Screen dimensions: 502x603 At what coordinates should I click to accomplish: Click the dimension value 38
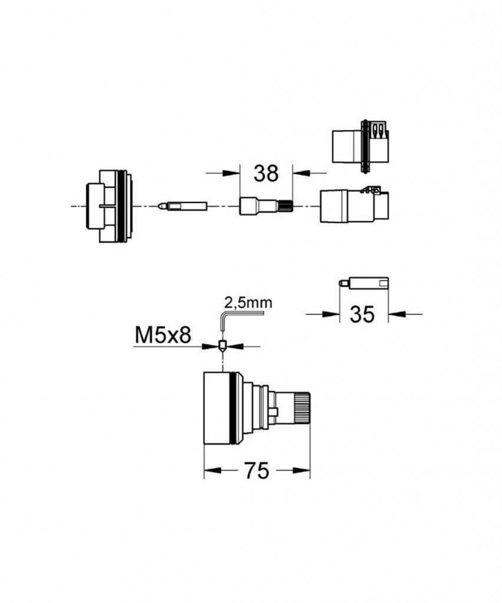click(266, 174)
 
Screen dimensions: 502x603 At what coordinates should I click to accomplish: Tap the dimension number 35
click(362, 314)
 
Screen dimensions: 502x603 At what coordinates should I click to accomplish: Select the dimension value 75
click(256, 471)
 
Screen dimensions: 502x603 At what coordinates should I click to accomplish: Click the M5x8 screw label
click(163, 335)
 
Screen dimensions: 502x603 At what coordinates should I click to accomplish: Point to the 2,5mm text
click(248, 303)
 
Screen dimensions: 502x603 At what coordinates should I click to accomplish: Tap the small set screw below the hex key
click(222, 346)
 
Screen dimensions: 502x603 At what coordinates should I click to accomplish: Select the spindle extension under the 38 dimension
click(266, 206)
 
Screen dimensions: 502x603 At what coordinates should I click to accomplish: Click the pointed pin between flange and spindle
click(182, 206)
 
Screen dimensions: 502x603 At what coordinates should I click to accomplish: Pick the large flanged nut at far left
click(109, 206)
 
